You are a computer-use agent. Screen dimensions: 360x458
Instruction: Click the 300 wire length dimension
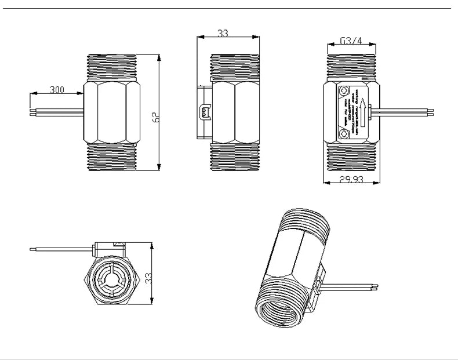[57, 89]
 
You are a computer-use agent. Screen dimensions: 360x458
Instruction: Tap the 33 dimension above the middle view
[223, 33]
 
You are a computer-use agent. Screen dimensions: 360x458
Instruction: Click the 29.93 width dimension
[351, 180]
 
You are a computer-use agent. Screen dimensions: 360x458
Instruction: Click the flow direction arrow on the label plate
[362, 112]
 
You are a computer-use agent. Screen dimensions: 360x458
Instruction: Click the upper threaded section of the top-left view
[112, 67]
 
